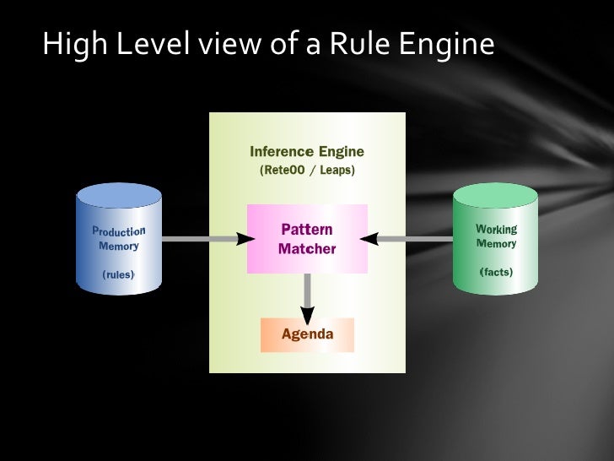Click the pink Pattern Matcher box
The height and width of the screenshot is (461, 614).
click(307, 239)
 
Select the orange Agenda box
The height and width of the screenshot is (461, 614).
click(307, 334)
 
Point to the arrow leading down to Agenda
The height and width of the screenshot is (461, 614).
click(308, 297)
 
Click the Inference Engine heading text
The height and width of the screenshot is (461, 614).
click(307, 152)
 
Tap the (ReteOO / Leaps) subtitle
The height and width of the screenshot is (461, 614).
click(307, 170)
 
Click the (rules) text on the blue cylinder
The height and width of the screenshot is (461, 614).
click(118, 274)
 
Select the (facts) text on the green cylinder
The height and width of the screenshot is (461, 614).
click(496, 272)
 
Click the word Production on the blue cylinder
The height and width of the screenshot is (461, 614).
click(118, 230)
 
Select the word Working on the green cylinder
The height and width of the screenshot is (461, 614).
click(496, 229)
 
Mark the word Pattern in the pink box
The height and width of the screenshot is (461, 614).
click(307, 230)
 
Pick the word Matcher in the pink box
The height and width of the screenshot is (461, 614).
click(307, 249)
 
